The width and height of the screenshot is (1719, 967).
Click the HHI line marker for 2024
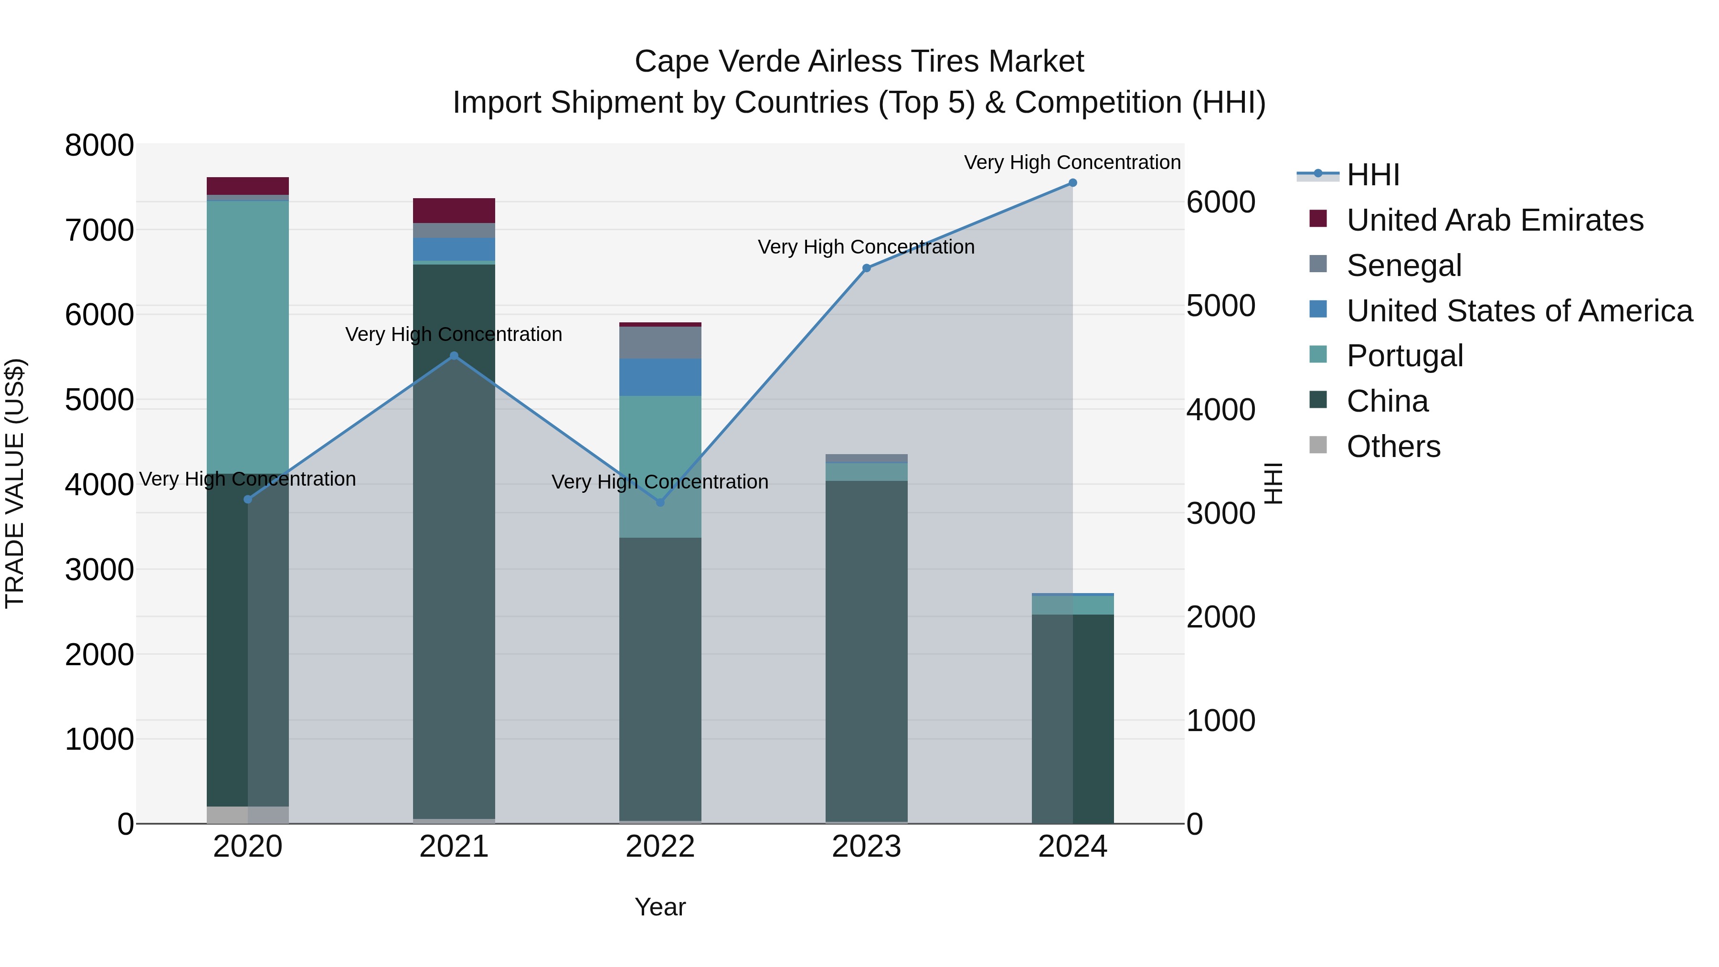click(1072, 183)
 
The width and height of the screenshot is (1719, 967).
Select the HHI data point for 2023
click(866, 268)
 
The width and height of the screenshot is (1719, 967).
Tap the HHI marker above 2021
click(454, 356)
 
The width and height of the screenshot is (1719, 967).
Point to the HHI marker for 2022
click(660, 502)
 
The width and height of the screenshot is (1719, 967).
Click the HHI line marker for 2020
click(247, 499)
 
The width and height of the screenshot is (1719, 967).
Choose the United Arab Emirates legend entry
click(1494, 220)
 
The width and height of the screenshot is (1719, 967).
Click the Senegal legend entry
click(1403, 266)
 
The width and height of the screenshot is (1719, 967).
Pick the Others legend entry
click(1393, 446)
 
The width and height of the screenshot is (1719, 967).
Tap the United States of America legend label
click(1519, 311)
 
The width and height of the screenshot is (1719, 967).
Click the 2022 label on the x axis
click(660, 847)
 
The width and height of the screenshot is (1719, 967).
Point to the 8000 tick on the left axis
click(99, 146)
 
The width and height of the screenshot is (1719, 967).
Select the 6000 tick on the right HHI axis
click(1220, 202)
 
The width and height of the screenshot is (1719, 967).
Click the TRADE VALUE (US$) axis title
click(15, 483)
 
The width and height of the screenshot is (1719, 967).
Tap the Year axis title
click(660, 907)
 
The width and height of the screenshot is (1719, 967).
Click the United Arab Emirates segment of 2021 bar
click(454, 210)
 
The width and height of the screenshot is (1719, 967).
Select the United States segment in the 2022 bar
click(660, 377)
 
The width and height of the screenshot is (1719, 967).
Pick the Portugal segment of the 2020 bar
click(247, 337)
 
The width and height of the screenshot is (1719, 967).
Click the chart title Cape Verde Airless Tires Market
click(859, 62)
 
